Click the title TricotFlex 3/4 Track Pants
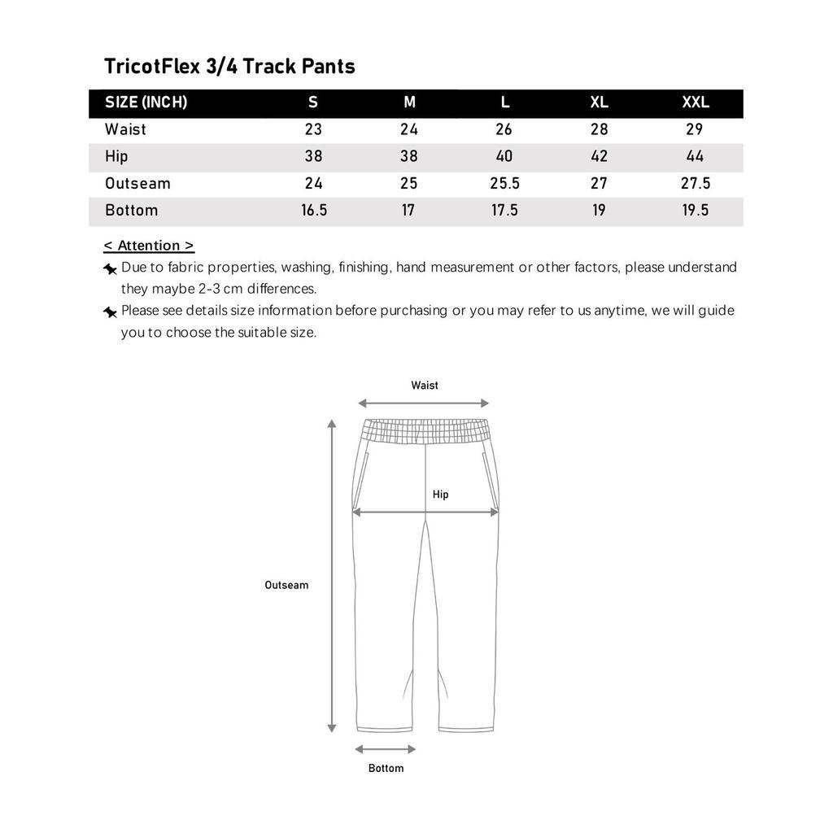[229, 66]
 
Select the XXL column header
[696, 102]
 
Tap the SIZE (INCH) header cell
[146, 102]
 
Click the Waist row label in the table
[126, 129]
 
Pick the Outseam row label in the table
[137, 183]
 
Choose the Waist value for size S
[313, 129]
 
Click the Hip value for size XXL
[696, 156]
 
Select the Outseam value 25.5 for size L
[504, 183]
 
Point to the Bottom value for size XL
[599, 210]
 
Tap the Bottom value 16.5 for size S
[314, 210]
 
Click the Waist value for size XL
[599, 129]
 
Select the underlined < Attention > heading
[149, 246]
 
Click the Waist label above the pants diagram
[425, 386]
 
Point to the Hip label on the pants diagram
[440, 495]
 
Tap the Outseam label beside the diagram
[286, 585]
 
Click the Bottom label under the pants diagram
[386, 768]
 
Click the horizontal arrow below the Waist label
[423, 403]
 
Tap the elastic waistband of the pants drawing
[425, 430]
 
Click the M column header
[409, 102]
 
